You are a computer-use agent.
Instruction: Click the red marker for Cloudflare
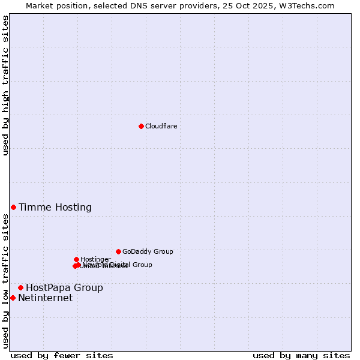click(x=141, y=126)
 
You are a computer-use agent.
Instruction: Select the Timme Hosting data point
click(x=13, y=207)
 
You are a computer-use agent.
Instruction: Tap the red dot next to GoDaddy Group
click(x=118, y=251)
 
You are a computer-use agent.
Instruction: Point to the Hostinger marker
click(x=76, y=259)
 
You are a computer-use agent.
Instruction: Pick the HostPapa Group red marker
click(x=20, y=287)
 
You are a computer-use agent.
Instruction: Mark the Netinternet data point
click(x=13, y=298)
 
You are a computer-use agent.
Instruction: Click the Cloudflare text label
click(x=161, y=126)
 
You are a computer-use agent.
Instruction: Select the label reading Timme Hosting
click(x=55, y=208)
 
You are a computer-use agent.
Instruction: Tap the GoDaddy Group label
click(x=148, y=252)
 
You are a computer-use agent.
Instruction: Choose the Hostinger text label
click(x=95, y=259)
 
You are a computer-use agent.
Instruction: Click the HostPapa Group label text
click(x=64, y=288)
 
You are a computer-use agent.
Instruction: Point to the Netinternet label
click(x=45, y=298)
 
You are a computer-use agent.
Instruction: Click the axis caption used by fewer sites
click(x=62, y=355)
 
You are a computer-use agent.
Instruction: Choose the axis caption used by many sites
click(x=301, y=355)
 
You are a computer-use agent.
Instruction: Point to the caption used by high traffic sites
click(x=6, y=85)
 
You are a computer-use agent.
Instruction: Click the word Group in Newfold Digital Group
click(x=142, y=265)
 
